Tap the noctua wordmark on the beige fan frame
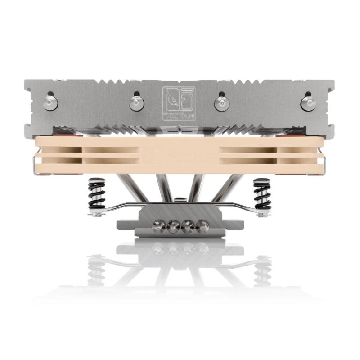(x=180, y=155)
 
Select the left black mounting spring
(x=97, y=193)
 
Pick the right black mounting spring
(x=262, y=193)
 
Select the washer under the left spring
(x=97, y=214)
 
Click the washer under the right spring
(x=262, y=214)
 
